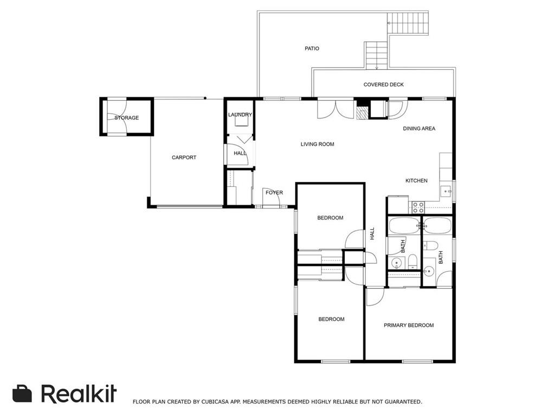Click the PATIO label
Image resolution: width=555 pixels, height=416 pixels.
click(x=312, y=48)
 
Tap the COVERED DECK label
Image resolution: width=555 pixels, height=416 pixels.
click(x=383, y=84)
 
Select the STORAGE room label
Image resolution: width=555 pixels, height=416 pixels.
click(x=126, y=118)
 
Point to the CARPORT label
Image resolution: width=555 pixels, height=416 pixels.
click(x=184, y=158)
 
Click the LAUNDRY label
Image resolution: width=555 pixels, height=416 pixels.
click(x=240, y=115)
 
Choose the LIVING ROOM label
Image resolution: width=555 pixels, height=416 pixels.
click(x=317, y=144)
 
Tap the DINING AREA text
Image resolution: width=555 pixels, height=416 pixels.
click(x=419, y=128)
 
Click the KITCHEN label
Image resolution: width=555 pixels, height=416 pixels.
click(x=416, y=180)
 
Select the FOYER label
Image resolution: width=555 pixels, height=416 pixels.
click(x=274, y=192)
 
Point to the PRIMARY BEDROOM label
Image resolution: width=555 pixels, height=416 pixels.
click(x=409, y=325)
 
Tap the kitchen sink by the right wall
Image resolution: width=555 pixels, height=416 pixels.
click(x=446, y=191)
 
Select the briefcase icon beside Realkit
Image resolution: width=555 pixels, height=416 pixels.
click(x=22, y=393)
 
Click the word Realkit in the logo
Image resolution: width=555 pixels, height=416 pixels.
click(x=79, y=393)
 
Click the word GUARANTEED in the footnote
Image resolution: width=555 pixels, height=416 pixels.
click(x=403, y=401)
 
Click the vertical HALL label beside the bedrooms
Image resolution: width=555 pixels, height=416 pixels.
click(x=372, y=233)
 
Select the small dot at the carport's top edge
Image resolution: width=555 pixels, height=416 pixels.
click(x=205, y=98)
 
